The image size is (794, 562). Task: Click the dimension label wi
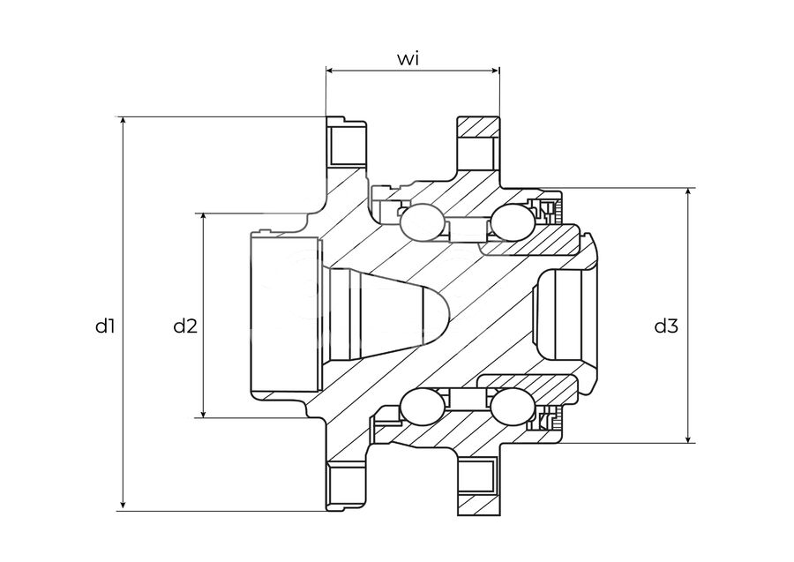[408, 59]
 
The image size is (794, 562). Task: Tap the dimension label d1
[105, 326]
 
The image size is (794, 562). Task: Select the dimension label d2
[185, 326]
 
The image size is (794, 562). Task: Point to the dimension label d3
[666, 326]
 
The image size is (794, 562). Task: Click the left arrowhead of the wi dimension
[330, 71]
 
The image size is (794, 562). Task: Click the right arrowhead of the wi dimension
[496, 71]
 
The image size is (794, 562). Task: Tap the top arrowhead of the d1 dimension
[123, 121]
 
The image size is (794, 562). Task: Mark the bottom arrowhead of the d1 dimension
[123, 506]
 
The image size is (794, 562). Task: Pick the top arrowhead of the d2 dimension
[204, 217]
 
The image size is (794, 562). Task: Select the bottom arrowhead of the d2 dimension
[204, 413]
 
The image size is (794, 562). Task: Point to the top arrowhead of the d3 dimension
[688, 192]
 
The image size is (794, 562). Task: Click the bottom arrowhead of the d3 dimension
[688, 438]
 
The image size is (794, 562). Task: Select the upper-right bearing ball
[513, 222]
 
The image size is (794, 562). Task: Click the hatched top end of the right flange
[478, 126]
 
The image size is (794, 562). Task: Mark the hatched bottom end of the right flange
[478, 505]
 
